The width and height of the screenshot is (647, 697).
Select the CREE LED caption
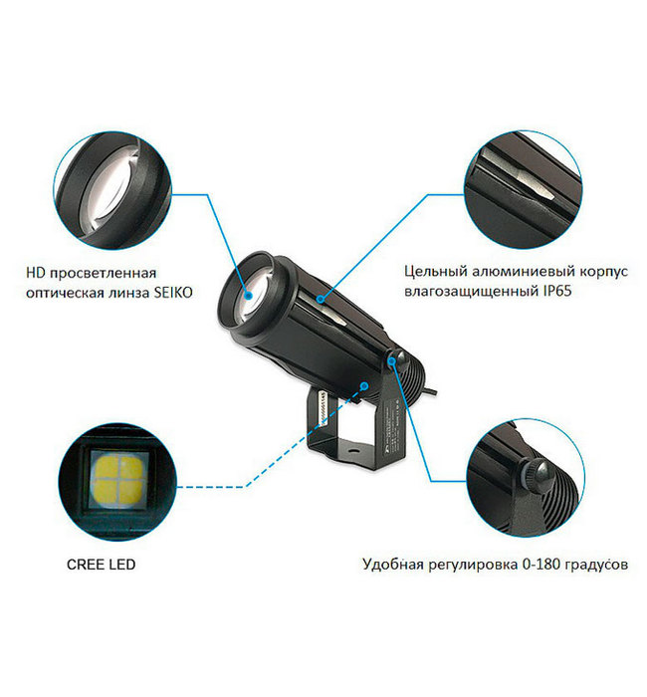point(103,564)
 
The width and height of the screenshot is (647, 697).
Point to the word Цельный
point(431,270)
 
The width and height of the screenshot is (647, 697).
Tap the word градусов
point(597,564)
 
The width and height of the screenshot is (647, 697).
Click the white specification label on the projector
point(324,409)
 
